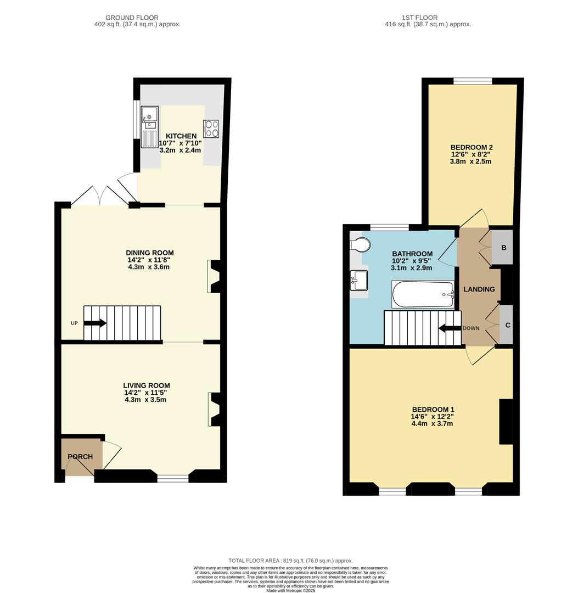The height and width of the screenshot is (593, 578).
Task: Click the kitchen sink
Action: [149, 127]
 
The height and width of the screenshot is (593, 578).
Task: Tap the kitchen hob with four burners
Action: [211, 128]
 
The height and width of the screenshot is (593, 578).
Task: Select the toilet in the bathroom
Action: [360, 244]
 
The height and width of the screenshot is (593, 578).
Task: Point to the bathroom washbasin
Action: [360, 281]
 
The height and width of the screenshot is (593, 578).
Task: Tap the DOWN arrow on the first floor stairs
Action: [450, 328]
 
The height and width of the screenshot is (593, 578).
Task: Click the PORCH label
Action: [80, 456]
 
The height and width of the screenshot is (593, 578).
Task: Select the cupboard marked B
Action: [503, 248]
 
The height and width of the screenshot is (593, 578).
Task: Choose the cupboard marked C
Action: [507, 325]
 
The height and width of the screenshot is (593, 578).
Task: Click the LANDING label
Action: [479, 289]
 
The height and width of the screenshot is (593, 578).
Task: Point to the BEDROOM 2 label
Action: [472, 147]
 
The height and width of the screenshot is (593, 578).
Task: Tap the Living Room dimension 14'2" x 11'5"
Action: [145, 393]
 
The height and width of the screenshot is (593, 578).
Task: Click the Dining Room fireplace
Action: [214, 276]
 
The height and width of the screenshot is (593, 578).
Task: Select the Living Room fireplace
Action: [214, 410]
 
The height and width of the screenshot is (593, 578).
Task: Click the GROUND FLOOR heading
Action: [132, 18]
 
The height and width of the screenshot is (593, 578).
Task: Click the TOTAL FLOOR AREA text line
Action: [290, 561]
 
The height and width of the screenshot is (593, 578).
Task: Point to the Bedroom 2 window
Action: [473, 81]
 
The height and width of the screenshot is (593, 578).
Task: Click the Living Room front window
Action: [173, 478]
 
